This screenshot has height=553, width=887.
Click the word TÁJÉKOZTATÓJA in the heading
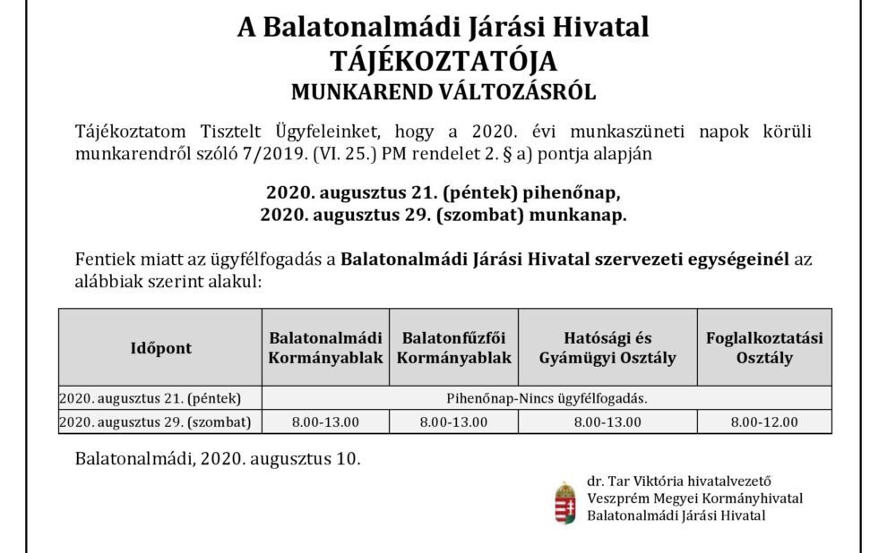[x=443, y=60]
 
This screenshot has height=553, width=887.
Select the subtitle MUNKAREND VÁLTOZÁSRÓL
[x=443, y=91]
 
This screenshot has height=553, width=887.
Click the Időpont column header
[x=161, y=348]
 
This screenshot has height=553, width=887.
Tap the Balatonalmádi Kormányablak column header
[x=326, y=348]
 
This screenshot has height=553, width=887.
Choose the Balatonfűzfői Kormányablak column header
[x=454, y=348]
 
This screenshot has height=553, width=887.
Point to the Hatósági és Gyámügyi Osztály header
[x=607, y=348]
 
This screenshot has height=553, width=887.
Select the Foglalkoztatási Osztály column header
[x=764, y=348]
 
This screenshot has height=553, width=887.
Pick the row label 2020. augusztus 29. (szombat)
[x=155, y=421]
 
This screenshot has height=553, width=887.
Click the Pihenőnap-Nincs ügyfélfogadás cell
[x=547, y=397]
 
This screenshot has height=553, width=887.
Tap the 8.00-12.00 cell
[x=764, y=421]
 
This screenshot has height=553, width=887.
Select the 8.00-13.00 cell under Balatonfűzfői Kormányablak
[x=454, y=421]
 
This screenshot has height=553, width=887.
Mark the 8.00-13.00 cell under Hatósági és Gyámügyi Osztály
[x=607, y=421]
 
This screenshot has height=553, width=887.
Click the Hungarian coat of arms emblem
[x=564, y=502]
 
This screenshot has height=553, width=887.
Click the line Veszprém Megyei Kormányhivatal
[x=694, y=498]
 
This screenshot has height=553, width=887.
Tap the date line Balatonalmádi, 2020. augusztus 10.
[x=218, y=459]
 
